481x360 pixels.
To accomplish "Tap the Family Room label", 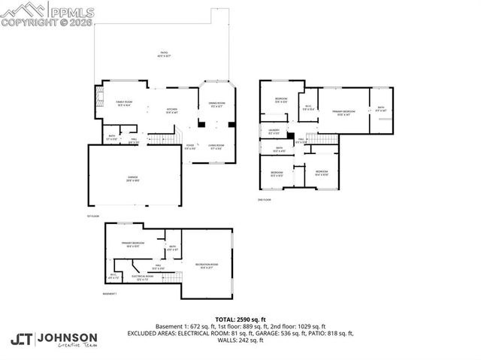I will click(x=124, y=102).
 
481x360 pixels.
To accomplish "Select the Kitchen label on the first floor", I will click(x=171, y=110).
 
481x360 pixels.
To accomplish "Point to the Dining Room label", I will click(x=216, y=104).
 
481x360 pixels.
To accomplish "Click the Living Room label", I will click(x=216, y=147).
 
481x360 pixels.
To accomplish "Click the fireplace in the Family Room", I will click(x=97, y=98).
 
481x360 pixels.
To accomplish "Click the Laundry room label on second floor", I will click(x=274, y=132).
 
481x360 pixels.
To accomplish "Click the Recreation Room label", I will click(x=207, y=265).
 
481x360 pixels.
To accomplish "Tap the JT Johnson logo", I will click(x=54, y=339).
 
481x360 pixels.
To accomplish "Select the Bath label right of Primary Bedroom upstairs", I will click(x=381, y=108).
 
